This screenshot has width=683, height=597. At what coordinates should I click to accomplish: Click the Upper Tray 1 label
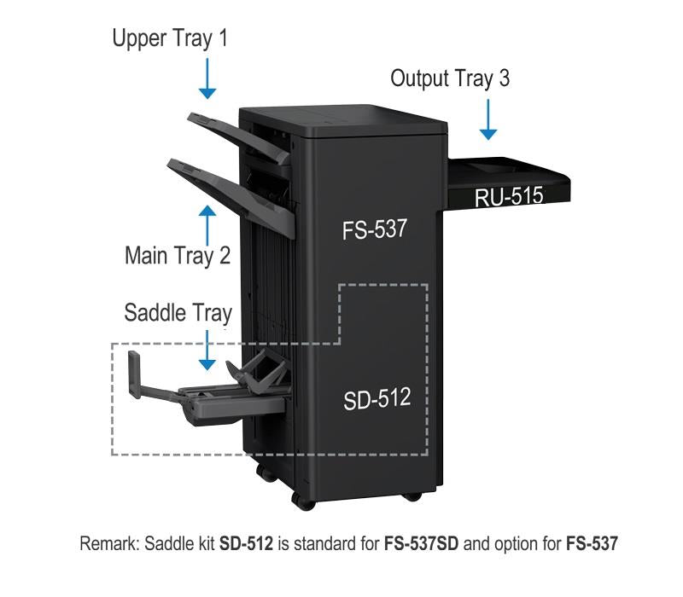coord(170,38)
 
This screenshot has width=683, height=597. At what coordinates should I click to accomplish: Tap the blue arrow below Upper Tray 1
coord(207,78)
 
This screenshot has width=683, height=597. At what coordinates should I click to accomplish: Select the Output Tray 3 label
coord(450,78)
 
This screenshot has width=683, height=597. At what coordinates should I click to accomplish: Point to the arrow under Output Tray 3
coord(488,119)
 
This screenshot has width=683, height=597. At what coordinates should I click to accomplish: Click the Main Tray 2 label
coord(178,255)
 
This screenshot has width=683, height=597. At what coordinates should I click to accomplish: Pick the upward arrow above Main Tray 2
coord(207,225)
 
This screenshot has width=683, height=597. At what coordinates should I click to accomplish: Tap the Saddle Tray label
coord(178,313)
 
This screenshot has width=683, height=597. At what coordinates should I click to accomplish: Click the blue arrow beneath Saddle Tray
coord(207,351)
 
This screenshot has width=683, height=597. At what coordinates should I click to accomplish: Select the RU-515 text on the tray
coord(509,196)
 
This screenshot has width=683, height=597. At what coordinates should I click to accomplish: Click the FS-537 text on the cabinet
coord(375,229)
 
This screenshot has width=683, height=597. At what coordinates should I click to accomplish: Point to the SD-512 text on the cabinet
coord(377,399)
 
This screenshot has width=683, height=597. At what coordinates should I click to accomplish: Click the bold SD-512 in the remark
coord(246,543)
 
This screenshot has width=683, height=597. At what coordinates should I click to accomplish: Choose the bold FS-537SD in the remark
coord(421,543)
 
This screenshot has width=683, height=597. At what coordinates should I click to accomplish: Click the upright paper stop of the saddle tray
coord(134,374)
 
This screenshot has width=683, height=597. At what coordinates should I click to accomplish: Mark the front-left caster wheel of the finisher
coord(303,503)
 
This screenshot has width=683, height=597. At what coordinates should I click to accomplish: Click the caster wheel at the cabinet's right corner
coord(412,496)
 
